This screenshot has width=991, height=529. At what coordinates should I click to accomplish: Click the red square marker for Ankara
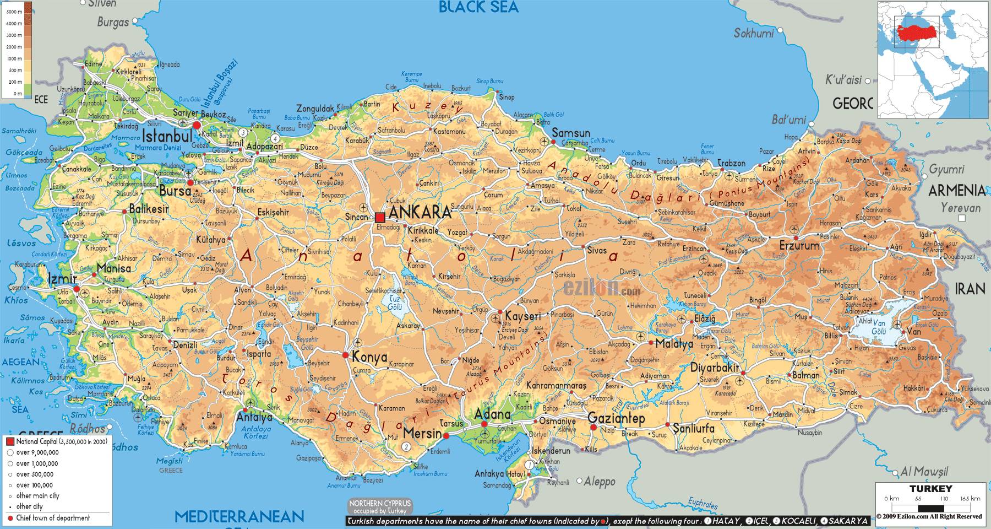[380, 217]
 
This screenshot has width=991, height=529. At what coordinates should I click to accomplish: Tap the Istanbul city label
[166, 136]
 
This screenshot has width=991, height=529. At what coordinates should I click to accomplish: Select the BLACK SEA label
[478, 7]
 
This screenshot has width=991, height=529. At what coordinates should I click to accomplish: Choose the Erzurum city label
[799, 246]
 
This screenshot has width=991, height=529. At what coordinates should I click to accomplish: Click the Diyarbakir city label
[714, 368]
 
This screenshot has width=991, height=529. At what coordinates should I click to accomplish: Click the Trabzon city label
[731, 163]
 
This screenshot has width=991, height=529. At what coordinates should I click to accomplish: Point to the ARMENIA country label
[957, 191]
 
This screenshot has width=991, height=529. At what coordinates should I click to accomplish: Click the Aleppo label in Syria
[600, 482]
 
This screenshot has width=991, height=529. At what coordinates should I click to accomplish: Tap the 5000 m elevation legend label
[14, 12]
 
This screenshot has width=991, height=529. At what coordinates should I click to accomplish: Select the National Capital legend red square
[10, 442]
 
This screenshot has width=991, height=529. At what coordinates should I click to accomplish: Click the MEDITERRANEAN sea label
[239, 516]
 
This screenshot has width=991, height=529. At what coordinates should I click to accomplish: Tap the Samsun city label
[570, 133]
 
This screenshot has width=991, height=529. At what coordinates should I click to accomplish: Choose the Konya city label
[369, 357]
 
